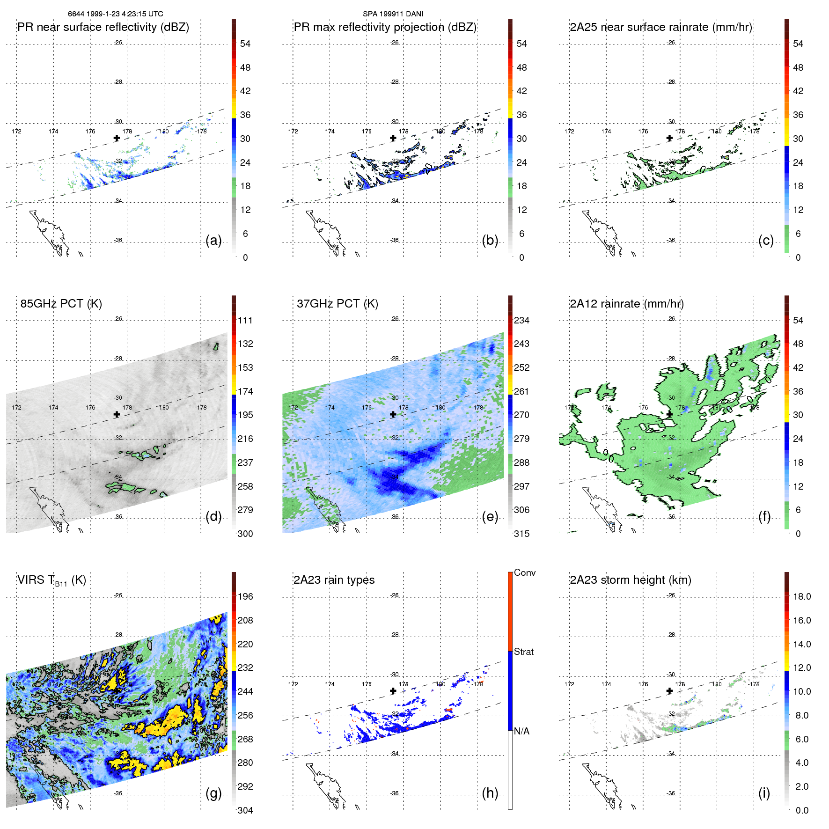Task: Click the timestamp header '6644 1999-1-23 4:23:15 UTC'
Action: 115,14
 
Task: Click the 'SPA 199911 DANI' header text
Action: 393,14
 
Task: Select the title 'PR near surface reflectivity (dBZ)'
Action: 103,27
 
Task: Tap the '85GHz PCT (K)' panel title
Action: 61,304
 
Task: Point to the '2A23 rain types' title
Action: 334,580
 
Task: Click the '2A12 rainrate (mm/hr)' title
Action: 626,304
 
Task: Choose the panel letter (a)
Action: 213,241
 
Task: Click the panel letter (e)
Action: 490,517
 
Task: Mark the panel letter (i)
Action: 764,793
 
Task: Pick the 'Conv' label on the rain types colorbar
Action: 524,573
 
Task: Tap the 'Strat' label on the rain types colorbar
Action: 523,652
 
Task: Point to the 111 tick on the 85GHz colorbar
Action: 245,321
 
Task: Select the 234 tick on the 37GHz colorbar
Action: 521,321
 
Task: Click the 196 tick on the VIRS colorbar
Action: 245,597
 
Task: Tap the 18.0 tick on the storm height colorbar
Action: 801,597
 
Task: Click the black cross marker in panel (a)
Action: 117,138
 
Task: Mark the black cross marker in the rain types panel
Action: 393,691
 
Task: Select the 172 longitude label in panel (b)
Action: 293,132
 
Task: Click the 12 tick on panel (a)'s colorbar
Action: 245,210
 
